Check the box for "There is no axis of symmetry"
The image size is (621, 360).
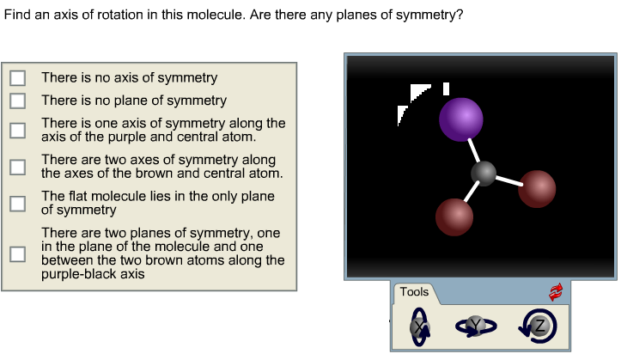tap(17, 77)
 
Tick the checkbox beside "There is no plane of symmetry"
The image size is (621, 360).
tap(17, 101)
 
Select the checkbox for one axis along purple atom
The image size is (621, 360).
tap(17, 130)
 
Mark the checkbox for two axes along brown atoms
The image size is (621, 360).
tap(17, 167)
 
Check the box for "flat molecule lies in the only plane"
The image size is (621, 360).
tap(17, 203)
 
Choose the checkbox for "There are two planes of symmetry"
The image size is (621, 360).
tap(17, 253)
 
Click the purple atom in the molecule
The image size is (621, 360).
tap(461, 119)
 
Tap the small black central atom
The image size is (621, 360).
tap(484, 174)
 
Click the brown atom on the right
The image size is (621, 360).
tap(537, 188)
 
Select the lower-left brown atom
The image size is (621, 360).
tap(454, 217)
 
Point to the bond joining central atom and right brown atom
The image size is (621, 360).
tap(508, 180)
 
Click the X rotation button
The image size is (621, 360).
tap(419, 326)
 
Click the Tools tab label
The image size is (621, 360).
tap(414, 292)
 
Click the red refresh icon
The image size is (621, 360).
tap(556, 292)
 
